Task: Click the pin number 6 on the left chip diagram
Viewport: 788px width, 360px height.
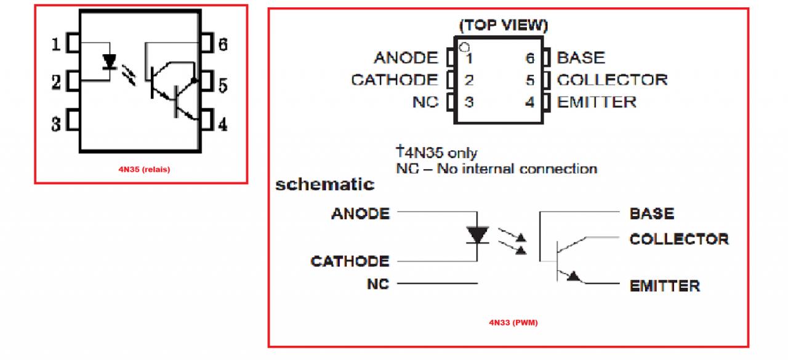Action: pos(223,44)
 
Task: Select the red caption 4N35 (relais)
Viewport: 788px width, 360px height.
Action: pos(145,170)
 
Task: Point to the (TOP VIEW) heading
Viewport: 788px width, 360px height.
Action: pos(503,26)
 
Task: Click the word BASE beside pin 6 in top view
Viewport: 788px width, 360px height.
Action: pos(581,58)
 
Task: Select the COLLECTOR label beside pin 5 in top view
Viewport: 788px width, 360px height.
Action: pos(612,80)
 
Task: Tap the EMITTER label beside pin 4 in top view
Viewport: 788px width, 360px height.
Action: pos(596,102)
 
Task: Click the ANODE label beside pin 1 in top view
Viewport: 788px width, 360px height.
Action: pos(406,58)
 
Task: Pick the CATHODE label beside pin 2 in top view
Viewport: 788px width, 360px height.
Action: pos(395,80)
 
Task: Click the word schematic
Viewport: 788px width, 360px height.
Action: pos(324,184)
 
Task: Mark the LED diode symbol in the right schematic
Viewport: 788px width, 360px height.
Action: pos(478,235)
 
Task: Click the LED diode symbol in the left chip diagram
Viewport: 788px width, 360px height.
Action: pos(110,62)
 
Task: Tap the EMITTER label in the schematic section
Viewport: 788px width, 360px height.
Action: pos(664,286)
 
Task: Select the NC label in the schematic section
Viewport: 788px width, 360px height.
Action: pos(377,284)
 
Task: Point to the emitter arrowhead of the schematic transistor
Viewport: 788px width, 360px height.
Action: pos(574,276)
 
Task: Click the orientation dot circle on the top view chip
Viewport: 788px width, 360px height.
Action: pos(465,46)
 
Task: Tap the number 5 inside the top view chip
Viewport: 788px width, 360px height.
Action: pos(529,80)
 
